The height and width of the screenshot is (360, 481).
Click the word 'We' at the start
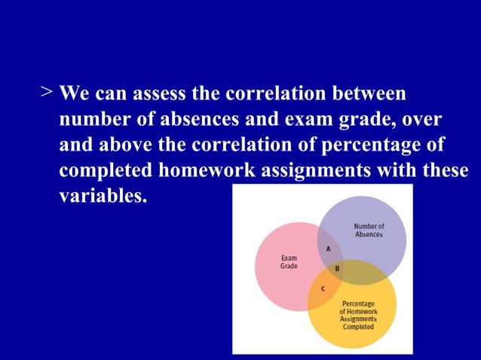tap(72, 94)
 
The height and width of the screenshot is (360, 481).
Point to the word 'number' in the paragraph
tap(90, 119)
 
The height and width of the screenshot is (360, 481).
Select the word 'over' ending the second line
tap(422, 119)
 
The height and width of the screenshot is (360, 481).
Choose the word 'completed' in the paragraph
tap(106, 169)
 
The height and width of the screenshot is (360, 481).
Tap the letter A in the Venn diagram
tap(328, 249)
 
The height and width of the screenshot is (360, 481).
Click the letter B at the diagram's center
tap(337, 268)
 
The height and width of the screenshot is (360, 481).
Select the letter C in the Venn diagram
tap(323, 288)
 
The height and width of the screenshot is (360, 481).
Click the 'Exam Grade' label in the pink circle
tap(289, 262)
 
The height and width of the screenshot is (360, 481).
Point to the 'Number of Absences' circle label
tap(369, 230)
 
